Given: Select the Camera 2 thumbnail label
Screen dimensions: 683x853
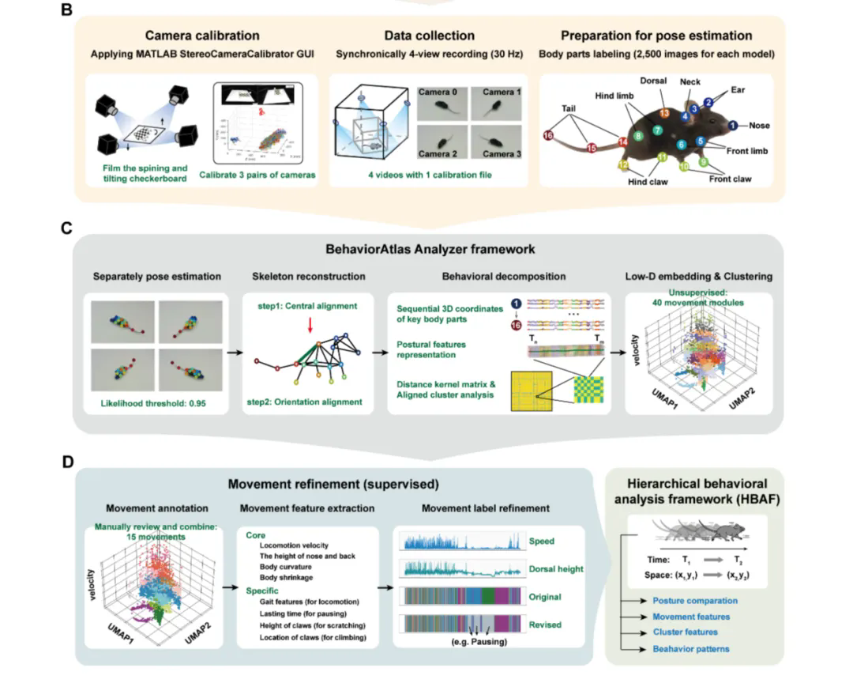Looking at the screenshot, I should [x=438, y=154].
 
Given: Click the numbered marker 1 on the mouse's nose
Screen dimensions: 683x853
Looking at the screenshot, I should [x=733, y=126].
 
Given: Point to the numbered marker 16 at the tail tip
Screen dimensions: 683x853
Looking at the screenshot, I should [x=549, y=136].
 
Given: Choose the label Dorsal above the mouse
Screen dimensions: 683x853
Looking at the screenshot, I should [x=652, y=81].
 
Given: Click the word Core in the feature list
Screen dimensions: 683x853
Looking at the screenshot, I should [x=255, y=535].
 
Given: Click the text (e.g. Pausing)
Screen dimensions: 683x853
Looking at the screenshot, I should [x=472, y=641].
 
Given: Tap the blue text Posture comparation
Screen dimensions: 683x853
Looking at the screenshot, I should [x=695, y=601].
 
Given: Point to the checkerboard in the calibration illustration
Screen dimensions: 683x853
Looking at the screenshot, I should [x=152, y=136].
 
